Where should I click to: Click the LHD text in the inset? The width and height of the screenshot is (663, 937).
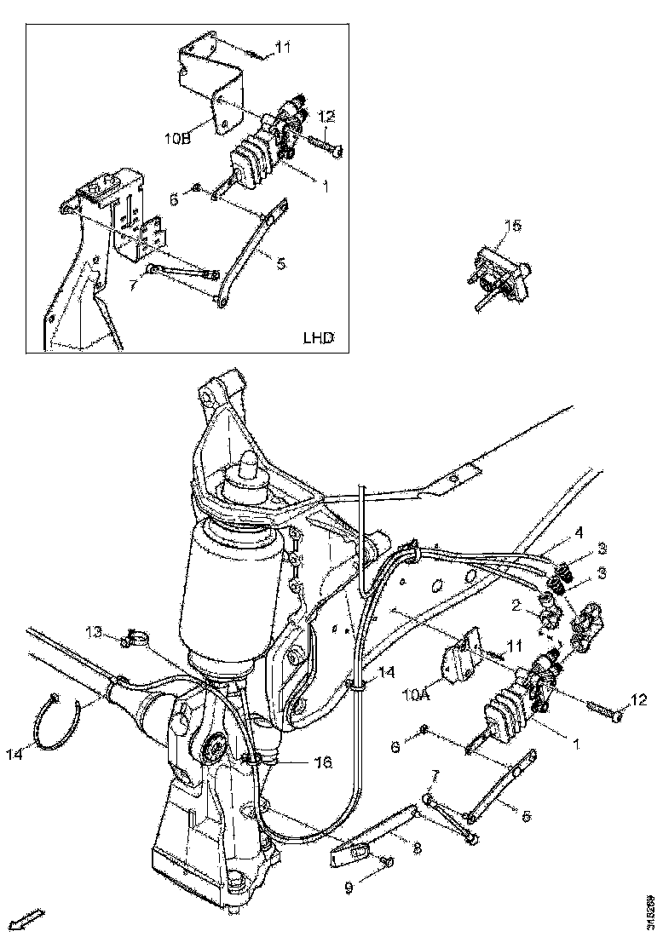(x=319, y=336)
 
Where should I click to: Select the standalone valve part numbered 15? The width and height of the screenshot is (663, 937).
(x=499, y=272)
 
